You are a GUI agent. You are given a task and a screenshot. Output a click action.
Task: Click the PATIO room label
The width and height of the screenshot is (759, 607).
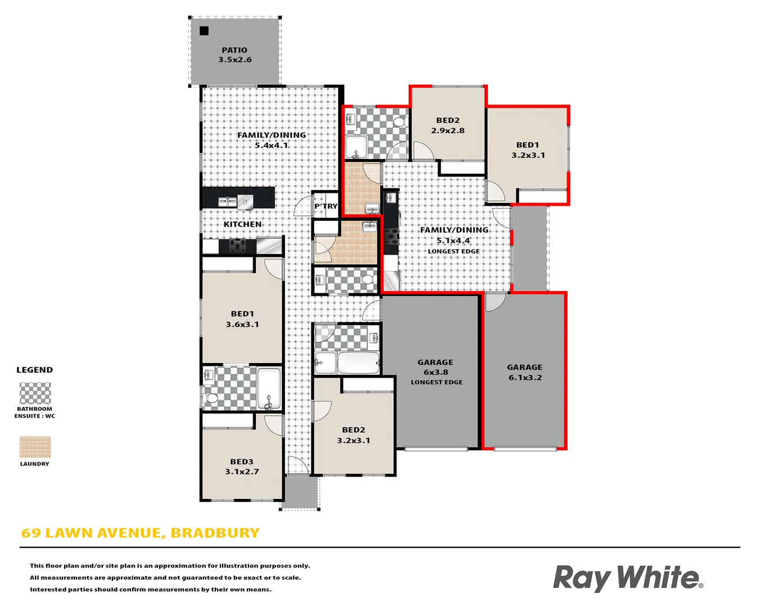pyautogui.click(x=234, y=50)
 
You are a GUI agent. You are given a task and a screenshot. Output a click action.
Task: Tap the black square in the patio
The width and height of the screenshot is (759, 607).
pyautogui.click(x=204, y=31)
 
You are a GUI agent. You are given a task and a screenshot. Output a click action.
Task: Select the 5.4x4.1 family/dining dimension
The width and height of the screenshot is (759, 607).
pyautogui.click(x=272, y=146)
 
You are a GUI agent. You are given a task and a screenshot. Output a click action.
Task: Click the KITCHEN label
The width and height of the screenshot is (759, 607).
pyautogui.click(x=242, y=224)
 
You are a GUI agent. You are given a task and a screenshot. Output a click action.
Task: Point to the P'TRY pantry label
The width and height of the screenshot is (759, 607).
pyautogui.click(x=326, y=206)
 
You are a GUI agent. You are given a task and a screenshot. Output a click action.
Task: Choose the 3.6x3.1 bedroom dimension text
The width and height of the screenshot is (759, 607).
pyautogui.click(x=242, y=324)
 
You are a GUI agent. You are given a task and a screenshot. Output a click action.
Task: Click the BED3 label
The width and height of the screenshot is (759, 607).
pyautogui.click(x=242, y=461)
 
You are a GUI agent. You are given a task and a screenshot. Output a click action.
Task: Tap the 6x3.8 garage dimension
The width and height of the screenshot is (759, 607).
pyautogui.click(x=436, y=372)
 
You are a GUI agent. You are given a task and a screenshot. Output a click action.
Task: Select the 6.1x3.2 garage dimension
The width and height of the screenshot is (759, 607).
pyautogui.click(x=525, y=378)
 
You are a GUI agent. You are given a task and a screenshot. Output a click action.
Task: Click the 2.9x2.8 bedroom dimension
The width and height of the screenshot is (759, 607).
pyautogui.click(x=448, y=130)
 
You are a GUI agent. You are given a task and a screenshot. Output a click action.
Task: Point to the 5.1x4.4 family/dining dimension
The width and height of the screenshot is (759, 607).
pyautogui.click(x=454, y=241)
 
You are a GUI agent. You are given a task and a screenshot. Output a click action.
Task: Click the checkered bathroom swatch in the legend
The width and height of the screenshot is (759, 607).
pyautogui.click(x=35, y=393)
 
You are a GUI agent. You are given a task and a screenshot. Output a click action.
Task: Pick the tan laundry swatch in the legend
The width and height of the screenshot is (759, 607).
pyautogui.click(x=35, y=447)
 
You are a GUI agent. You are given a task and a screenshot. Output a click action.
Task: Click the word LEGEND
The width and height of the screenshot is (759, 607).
pyautogui.click(x=35, y=370)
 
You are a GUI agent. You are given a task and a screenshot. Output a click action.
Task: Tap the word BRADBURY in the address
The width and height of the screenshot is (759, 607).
pyautogui.click(x=215, y=533)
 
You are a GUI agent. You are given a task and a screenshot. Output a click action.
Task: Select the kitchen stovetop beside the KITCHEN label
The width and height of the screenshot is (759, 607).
pyautogui.click(x=237, y=246)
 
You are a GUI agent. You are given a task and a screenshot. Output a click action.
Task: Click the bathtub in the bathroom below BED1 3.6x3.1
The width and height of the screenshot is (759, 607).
pyautogui.click(x=269, y=388)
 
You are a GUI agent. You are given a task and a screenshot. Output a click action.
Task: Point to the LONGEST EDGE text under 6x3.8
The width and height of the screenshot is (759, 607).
pyautogui.click(x=437, y=382)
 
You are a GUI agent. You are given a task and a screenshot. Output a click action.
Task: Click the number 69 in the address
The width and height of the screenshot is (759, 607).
pyautogui.click(x=31, y=533)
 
